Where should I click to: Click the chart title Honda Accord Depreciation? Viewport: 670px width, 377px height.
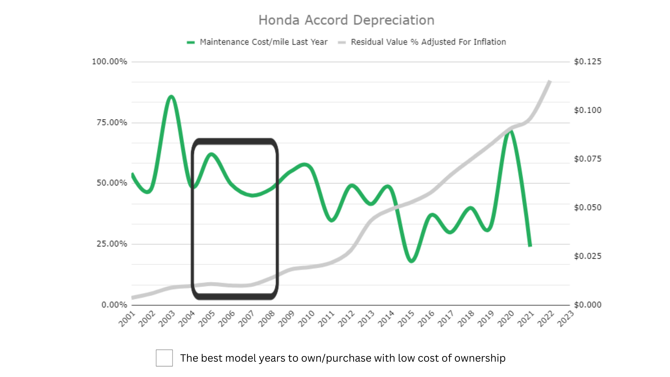point(346,20)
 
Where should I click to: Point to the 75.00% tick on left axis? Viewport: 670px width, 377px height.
point(112,123)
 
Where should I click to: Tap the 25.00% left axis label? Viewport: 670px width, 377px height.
point(112,244)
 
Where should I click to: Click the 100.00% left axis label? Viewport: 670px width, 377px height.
point(109,62)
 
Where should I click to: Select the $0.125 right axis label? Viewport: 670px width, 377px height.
point(588,62)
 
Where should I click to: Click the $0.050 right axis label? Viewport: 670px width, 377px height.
point(588,207)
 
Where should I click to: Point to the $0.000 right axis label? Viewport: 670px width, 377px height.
point(588,305)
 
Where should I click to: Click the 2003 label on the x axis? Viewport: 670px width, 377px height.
point(167,319)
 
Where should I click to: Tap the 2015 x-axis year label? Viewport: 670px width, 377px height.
point(406,319)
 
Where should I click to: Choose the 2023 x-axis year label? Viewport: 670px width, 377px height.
point(565,319)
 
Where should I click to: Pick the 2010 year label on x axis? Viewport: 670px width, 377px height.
point(306,319)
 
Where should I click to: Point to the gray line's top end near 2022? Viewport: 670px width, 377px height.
point(550,81)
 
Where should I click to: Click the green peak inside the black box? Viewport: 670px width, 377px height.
point(211,154)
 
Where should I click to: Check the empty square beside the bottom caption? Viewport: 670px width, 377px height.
point(164,358)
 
